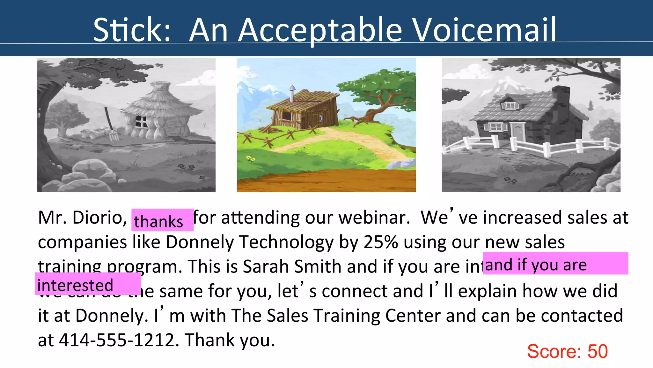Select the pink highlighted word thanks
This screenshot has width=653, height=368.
(158, 221)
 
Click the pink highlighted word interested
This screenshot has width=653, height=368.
(75, 285)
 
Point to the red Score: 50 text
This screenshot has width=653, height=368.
(567, 351)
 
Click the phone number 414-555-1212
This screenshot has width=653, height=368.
(117, 340)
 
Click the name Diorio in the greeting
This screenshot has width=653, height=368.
(97, 218)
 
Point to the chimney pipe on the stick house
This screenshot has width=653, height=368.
(292, 93)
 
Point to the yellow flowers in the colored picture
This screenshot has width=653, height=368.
(251, 158)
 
